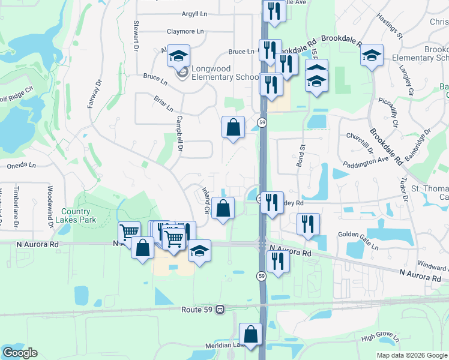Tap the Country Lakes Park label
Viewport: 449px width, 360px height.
pos(76,215)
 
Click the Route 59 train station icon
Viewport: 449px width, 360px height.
pos(220,310)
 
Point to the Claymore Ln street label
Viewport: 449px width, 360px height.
pos(185,31)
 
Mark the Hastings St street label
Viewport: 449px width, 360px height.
pos(388,26)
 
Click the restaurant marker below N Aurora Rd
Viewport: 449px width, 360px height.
pos(277,262)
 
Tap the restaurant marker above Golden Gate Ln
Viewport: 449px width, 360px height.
pos(308,225)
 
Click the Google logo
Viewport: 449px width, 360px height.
pos(19,353)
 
